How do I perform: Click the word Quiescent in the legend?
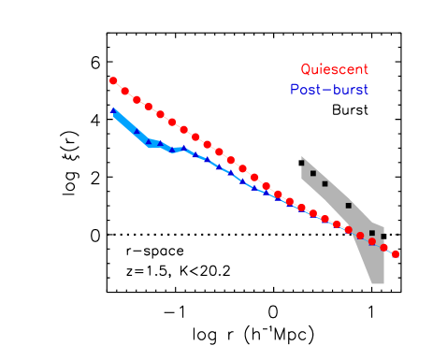(x=334, y=69)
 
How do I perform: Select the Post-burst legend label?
(x=329, y=90)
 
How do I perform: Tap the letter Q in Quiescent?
(x=305, y=69)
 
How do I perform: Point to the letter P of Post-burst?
(x=295, y=90)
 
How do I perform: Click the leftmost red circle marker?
(x=113, y=80)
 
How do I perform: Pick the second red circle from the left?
(x=125, y=91)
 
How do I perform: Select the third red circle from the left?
(x=137, y=99)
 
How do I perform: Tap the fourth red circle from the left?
(x=149, y=107)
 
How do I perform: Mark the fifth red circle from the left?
(x=160, y=114)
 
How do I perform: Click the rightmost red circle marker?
(x=396, y=253)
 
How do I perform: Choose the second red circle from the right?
(x=383, y=248)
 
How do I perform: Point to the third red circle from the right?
(x=372, y=241)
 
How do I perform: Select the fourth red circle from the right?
(x=360, y=236)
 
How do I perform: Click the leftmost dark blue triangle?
(x=113, y=110)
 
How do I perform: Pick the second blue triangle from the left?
(x=137, y=132)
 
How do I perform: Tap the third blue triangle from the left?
(x=149, y=142)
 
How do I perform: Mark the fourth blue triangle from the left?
(x=160, y=144)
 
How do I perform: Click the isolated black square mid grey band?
(x=349, y=205)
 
